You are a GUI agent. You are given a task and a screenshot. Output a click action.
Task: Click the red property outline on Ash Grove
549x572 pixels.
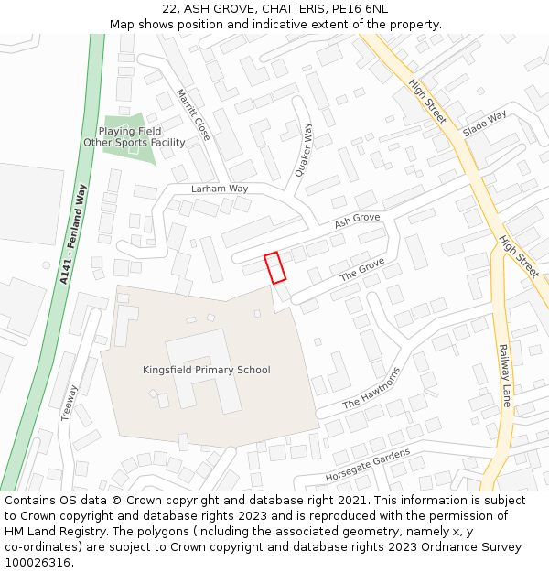[274, 267]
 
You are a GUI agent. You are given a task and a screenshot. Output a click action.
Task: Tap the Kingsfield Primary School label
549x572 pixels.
[207, 370]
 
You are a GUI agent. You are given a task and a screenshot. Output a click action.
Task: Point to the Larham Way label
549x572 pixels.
[220, 189]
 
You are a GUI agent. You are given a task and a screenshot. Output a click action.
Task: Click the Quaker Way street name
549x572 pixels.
[304, 150]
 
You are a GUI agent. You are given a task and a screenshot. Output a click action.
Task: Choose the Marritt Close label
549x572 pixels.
[194, 114]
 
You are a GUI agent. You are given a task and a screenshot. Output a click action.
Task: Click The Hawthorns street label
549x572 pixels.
[371, 389]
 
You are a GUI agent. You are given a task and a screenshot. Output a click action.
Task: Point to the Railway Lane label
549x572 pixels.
[504, 374]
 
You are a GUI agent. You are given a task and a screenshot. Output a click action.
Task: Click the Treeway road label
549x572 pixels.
[70, 402]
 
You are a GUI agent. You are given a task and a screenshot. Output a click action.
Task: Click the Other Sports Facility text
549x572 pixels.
[135, 143]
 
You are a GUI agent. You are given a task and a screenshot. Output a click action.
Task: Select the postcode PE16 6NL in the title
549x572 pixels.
[363, 8]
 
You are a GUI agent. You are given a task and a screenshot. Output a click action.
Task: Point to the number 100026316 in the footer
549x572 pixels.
[38, 562]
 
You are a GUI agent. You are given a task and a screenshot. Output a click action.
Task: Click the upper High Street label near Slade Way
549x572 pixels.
[428, 102]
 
